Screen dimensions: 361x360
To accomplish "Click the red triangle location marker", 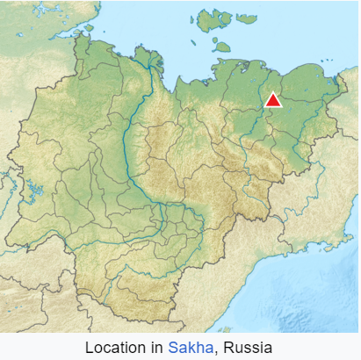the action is click(x=272, y=99).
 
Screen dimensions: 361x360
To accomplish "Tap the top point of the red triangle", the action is click(x=272, y=92).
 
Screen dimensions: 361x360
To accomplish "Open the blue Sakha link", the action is click(x=188, y=347).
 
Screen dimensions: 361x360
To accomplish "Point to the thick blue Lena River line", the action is click(x=132, y=149).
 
